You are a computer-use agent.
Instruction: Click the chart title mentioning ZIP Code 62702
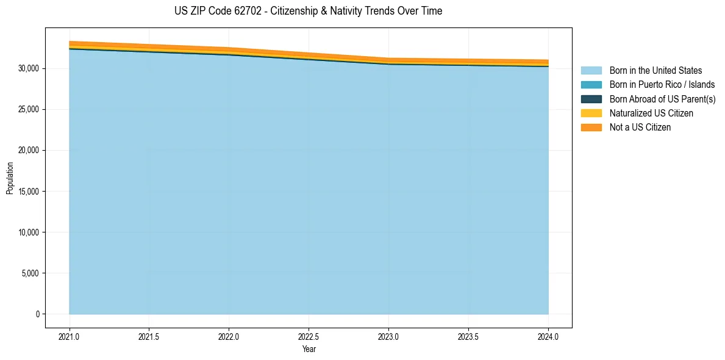308,11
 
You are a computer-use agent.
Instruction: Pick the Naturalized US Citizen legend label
651,113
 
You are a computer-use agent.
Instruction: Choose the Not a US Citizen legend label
640,128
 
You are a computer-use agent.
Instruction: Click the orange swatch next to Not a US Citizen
591,128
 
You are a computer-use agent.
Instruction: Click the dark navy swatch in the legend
591,99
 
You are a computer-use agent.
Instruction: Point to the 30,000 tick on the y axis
28,68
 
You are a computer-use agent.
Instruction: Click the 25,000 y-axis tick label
28,110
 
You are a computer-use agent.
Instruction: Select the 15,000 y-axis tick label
28,192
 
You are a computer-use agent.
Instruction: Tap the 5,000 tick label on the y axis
30,273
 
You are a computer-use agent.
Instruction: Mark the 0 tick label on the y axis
37,314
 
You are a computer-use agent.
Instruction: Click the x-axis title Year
309,349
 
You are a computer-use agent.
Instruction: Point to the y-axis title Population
10,178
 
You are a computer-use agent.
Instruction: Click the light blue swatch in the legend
591,71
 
